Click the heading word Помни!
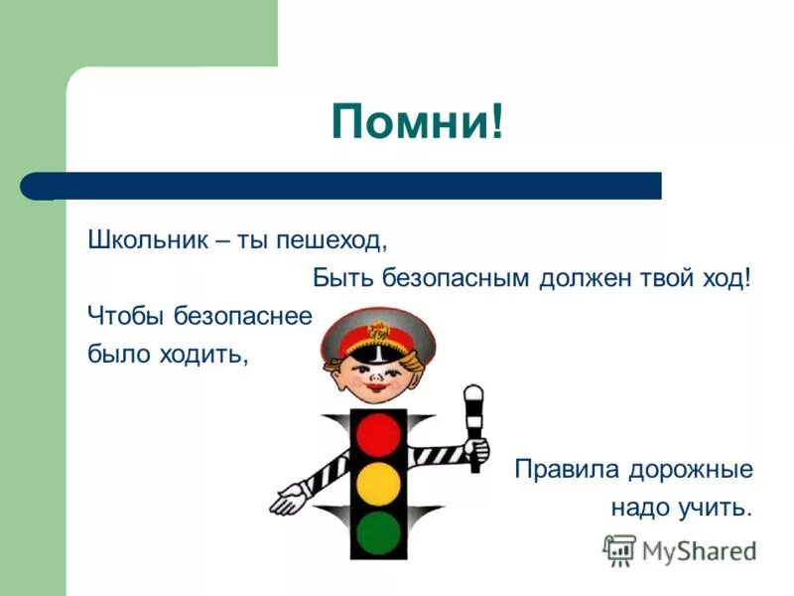click(417, 122)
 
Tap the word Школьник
click(146, 240)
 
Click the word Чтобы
click(126, 316)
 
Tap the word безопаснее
click(243, 316)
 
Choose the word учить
click(717, 508)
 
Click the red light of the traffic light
click(378, 434)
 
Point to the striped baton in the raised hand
click(474, 417)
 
